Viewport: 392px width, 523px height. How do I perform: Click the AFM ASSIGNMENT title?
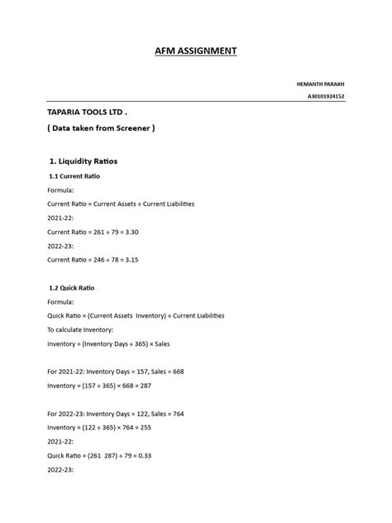(196, 51)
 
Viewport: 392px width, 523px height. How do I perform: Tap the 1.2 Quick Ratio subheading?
(72, 287)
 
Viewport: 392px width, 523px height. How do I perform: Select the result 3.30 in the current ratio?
(130, 233)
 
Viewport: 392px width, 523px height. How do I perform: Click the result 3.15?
(130, 260)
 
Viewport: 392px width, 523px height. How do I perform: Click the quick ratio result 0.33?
(143, 455)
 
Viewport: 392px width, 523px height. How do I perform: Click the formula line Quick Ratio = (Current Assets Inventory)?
(136, 315)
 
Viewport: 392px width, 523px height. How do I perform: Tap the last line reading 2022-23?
(61, 469)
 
